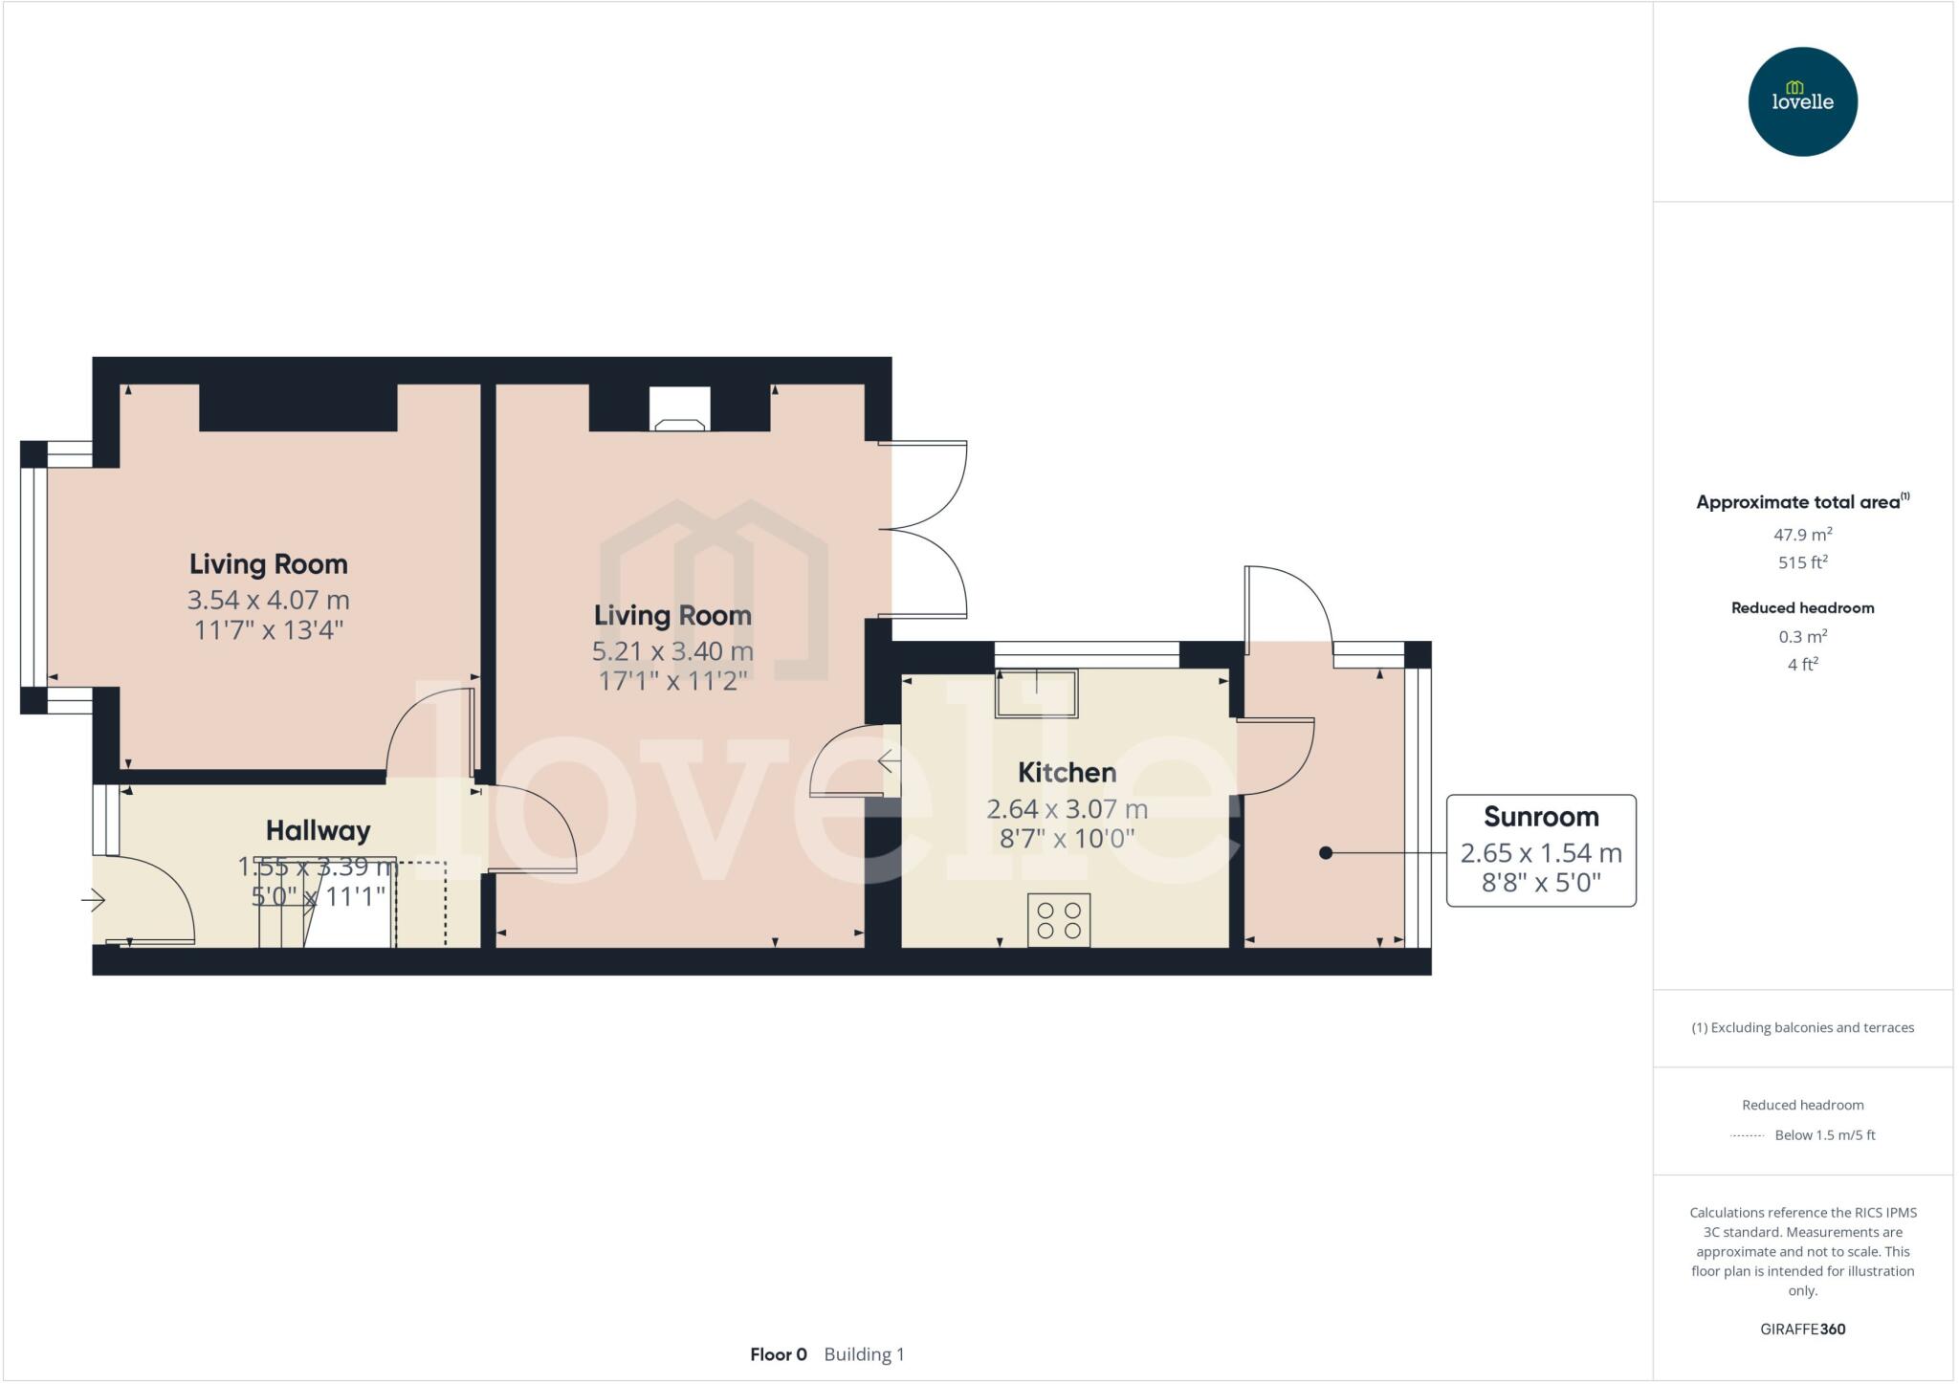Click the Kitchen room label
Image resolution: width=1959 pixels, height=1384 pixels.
click(1067, 773)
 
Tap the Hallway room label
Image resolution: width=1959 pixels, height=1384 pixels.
click(318, 831)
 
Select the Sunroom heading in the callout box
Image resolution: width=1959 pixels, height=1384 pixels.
click(1541, 817)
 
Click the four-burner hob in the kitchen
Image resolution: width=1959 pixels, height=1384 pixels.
click(1059, 920)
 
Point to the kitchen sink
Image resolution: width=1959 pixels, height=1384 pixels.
click(1037, 692)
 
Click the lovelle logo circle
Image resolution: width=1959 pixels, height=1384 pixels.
click(1802, 101)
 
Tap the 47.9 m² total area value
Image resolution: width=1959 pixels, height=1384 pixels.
click(1802, 535)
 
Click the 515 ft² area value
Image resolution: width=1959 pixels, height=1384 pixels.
click(1802, 562)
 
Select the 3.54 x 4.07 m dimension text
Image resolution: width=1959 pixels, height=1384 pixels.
click(268, 601)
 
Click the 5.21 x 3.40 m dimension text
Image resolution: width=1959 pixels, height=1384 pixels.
click(672, 652)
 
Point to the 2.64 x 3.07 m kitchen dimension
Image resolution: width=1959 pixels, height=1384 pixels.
click(1067, 809)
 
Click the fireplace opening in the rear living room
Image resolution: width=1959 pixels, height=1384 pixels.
click(680, 408)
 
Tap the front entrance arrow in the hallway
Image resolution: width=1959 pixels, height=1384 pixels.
click(93, 900)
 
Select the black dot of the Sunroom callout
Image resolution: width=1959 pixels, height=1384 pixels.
click(1326, 853)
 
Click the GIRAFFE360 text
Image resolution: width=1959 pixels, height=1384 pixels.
click(1802, 1329)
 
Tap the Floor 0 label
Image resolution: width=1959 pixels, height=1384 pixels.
click(779, 1354)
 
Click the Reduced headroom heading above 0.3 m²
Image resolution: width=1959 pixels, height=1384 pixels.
click(1802, 608)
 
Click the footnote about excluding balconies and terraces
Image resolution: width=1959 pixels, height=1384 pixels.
click(1802, 1028)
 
